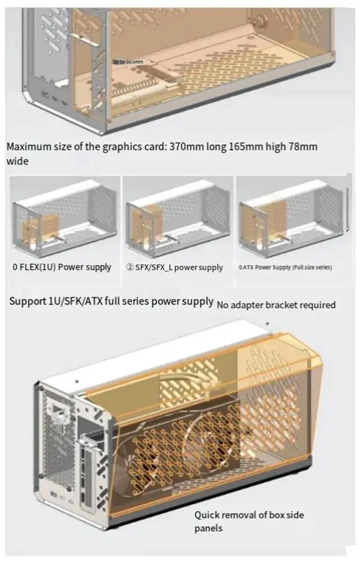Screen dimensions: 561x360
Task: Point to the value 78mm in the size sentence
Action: (300, 147)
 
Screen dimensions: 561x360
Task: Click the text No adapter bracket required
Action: (276, 305)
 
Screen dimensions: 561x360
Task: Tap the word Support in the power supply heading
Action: (26, 301)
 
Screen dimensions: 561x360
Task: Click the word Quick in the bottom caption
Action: (208, 514)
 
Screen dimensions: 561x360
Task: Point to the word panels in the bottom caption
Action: (209, 528)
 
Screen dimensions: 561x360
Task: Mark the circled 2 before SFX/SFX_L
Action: (129, 268)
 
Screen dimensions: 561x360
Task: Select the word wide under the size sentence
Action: (17, 161)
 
